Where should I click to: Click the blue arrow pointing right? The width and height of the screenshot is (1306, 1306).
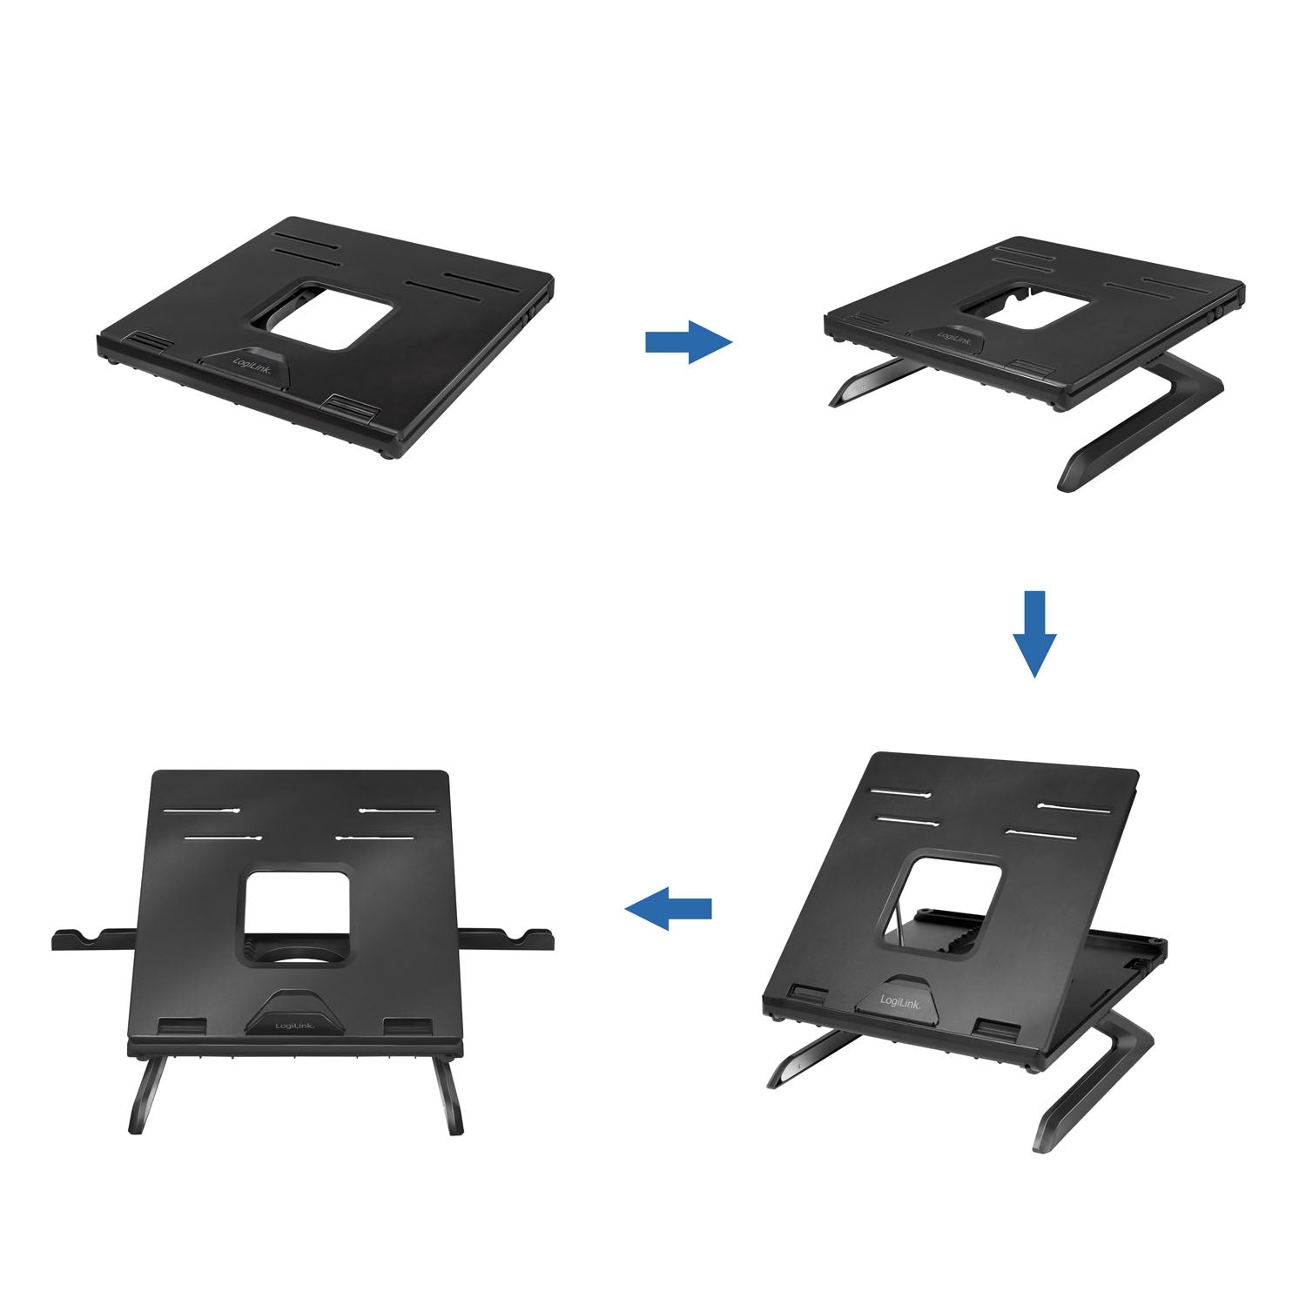pos(688,341)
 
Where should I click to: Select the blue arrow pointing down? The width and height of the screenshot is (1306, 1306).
pos(1033,633)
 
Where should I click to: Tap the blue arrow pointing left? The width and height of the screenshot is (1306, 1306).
pos(669,908)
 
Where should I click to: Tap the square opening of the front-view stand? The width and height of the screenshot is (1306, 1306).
pos(298,910)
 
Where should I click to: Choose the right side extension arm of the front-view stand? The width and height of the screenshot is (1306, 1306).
pos(507,938)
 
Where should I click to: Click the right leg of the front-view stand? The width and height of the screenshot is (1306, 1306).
pos(452,1095)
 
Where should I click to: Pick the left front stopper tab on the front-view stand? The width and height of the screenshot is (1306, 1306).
pos(183,1027)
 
